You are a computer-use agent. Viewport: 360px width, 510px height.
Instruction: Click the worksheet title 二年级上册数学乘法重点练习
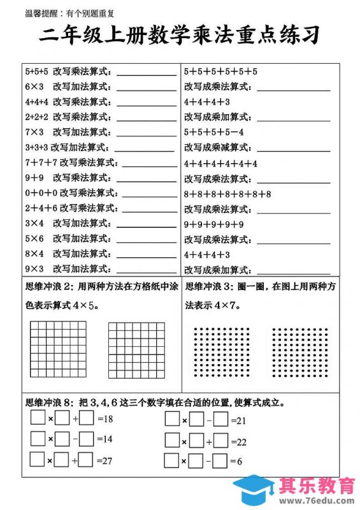pos(180,35)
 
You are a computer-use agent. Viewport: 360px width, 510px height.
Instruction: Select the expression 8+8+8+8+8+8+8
pos(227,194)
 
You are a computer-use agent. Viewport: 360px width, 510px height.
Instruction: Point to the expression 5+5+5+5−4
pos(214,133)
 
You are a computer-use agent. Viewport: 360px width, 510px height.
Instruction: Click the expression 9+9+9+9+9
pos(214,224)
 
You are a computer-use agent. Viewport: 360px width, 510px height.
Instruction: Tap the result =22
pos(239,441)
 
